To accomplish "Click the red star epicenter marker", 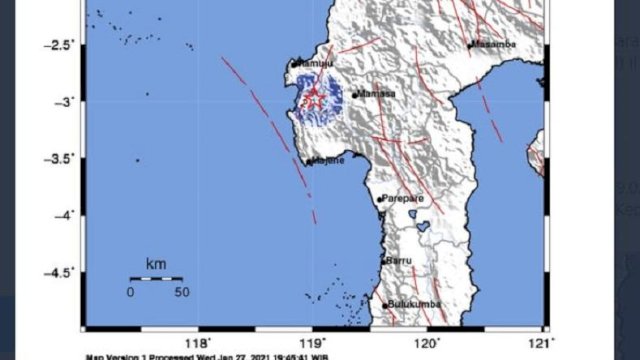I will pos(313,100).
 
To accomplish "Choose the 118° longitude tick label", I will pos(199,341).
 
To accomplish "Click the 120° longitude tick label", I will pos(427,341).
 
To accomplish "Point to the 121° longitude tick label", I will pos(541,341).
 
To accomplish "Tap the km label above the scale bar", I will pos(155,264).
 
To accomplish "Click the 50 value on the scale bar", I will pos(182,292).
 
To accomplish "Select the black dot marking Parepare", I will pos(379,200).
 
